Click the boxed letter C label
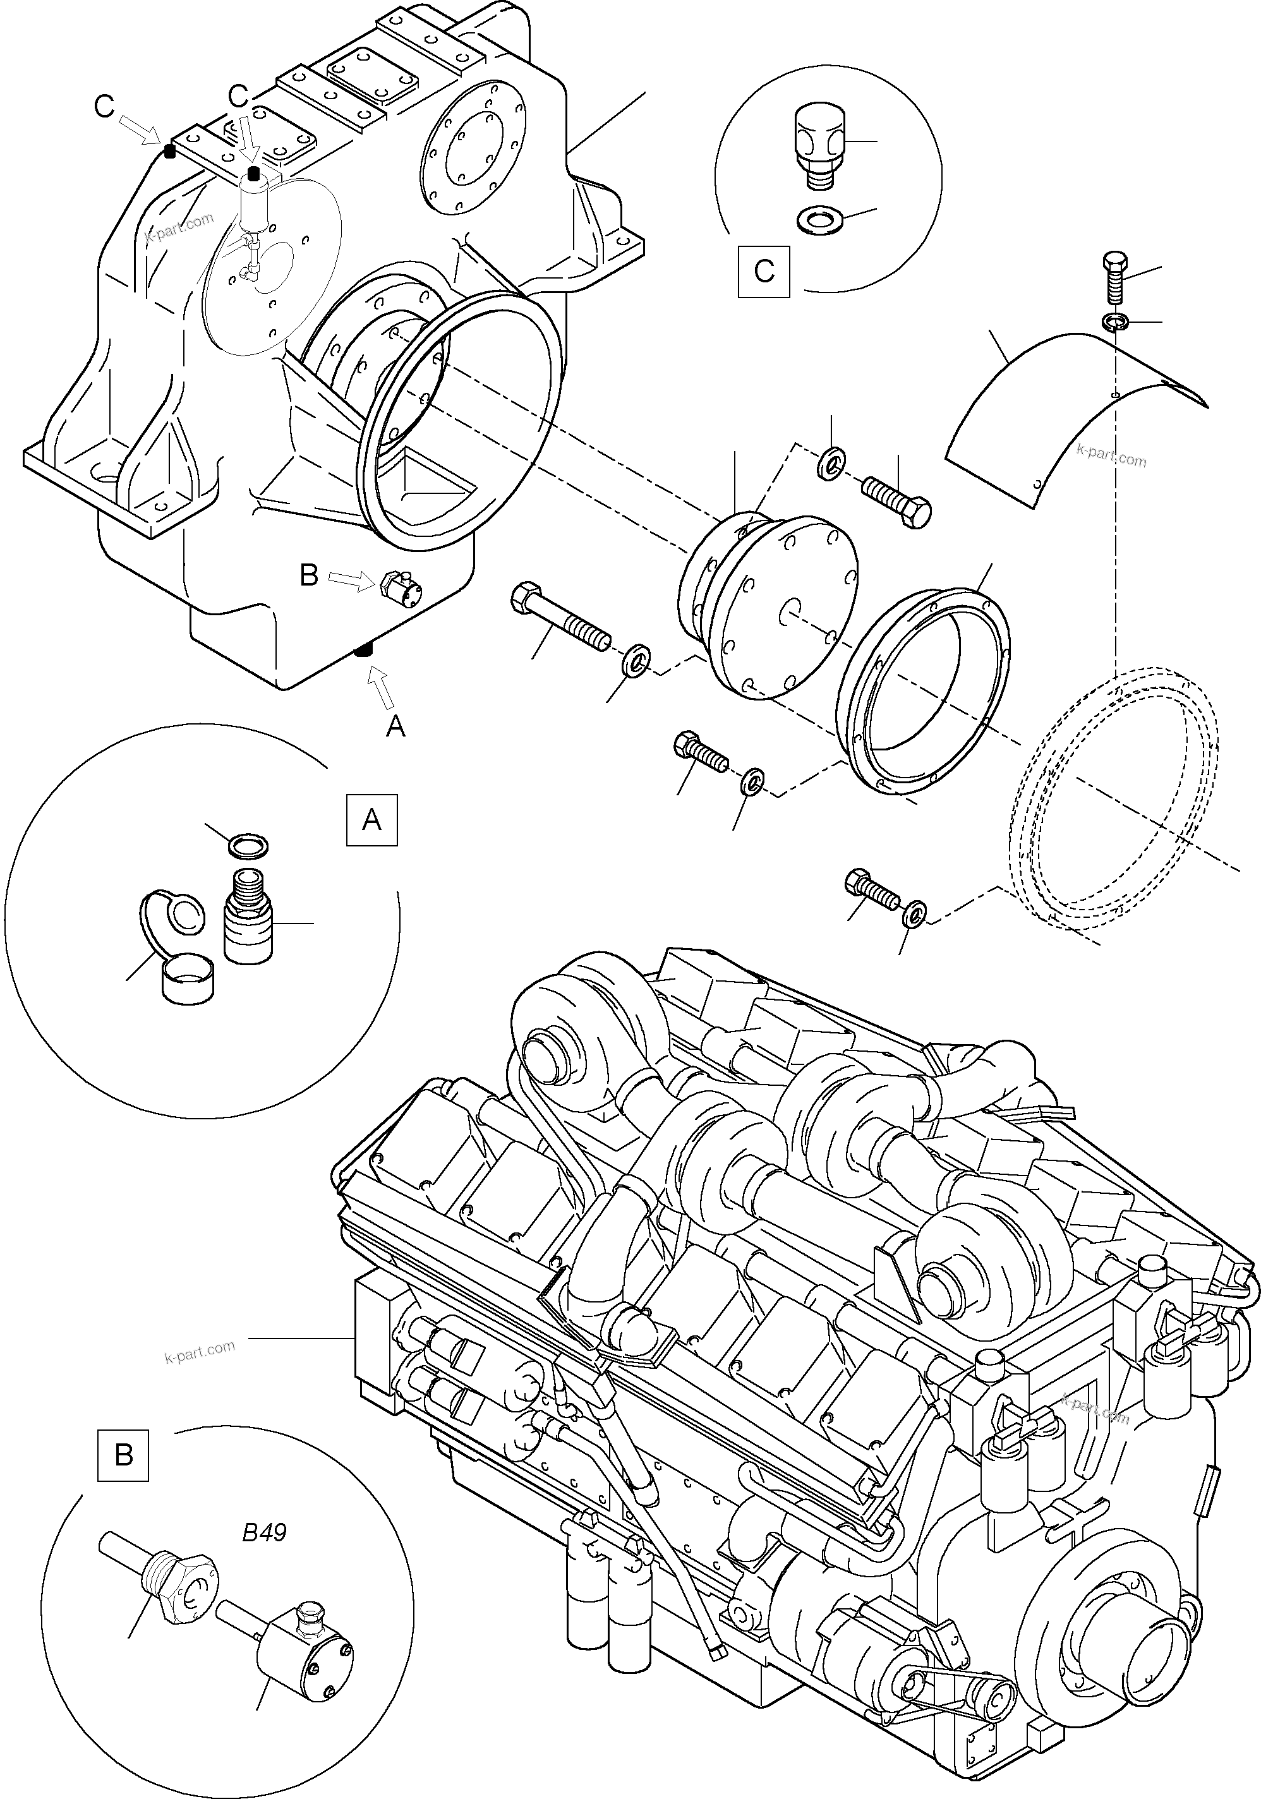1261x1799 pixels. [763, 272]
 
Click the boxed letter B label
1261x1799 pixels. [123, 1455]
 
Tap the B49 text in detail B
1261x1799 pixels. [264, 1532]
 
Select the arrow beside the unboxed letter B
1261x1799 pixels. [351, 580]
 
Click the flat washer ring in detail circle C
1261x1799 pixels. [816, 220]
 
